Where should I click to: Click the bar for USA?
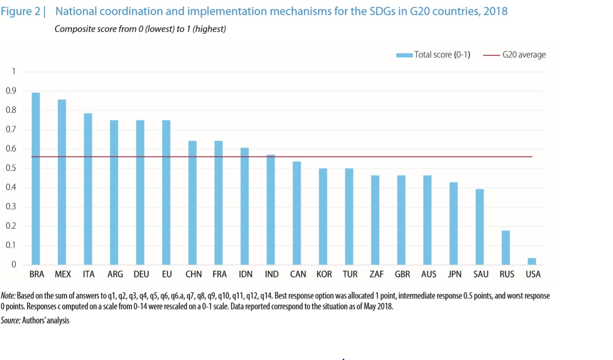pyautogui.click(x=532, y=261)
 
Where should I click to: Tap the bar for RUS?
pyautogui.click(x=506, y=247)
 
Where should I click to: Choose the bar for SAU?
pyautogui.click(x=479, y=227)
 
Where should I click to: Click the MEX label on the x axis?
pyautogui.click(x=63, y=274)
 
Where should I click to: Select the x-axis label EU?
pyautogui.click(x=167, y=274)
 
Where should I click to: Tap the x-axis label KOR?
pyautogui.click(x=324, y=274)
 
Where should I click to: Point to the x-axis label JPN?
pyautogui.click(x=454, y=274)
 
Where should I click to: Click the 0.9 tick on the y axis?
pyautogui.click(x=11, y=91)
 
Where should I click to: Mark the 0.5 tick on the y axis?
pyautogui.click(x=11, y=168)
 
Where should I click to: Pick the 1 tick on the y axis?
pyautogui.click(x=14, y=71)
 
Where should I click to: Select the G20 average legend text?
pyautogui.click(x=524, y=55)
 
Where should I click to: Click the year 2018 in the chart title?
pyautogui.click(x=495, y=11)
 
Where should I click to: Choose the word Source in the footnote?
pyautogui.click(x=11, y=321)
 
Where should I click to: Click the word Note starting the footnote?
pyautogui.click(x=8, y=296)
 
